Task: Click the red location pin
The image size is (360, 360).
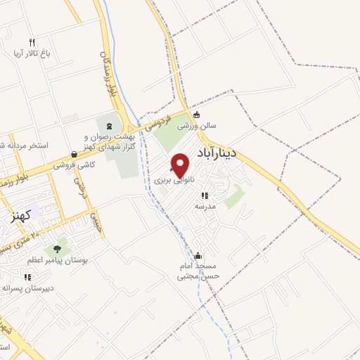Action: click(181, 165)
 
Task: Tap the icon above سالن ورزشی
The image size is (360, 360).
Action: click(196, 115)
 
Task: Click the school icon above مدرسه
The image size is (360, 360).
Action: click(205, 196)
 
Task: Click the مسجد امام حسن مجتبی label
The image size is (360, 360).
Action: click(198, 271)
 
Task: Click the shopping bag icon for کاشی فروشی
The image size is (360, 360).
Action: click(74, 155)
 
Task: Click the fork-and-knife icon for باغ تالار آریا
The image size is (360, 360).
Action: click(32, 43)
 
